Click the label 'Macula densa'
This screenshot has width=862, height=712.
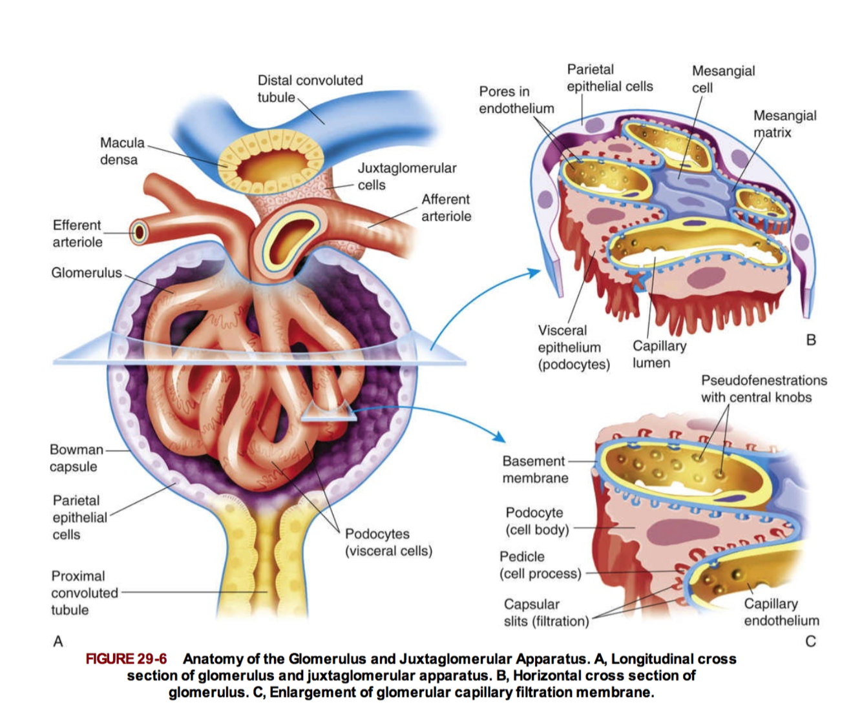121,151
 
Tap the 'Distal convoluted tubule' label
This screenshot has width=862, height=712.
310,88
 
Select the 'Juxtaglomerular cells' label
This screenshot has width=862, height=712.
406,176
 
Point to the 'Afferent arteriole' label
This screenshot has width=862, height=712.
446,208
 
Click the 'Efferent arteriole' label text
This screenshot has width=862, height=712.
77,233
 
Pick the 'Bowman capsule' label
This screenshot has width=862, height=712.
76,458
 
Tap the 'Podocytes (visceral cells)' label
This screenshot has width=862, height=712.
388,542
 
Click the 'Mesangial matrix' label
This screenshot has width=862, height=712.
784,124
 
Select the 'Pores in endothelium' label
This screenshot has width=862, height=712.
516,100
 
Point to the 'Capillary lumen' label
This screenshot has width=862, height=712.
658,354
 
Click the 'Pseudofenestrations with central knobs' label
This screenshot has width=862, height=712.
763,389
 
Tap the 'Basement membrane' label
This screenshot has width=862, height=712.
534,469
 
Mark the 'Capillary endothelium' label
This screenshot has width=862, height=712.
781,612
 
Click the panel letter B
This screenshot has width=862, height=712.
811,340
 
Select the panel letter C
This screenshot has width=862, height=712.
810,641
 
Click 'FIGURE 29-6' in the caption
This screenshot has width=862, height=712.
126,659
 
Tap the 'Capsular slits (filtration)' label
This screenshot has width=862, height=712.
546,613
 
